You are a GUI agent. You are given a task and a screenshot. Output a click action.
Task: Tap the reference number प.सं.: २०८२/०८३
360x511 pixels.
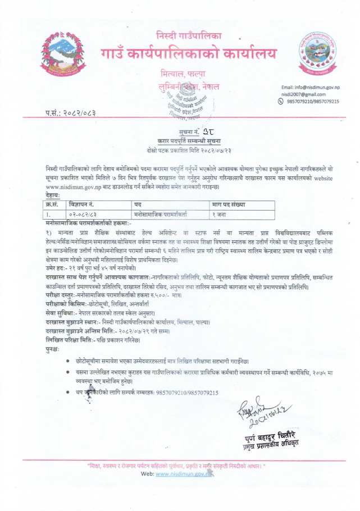point(71,114)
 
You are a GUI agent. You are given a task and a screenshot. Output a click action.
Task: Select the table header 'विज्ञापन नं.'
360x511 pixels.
point(81,205)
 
